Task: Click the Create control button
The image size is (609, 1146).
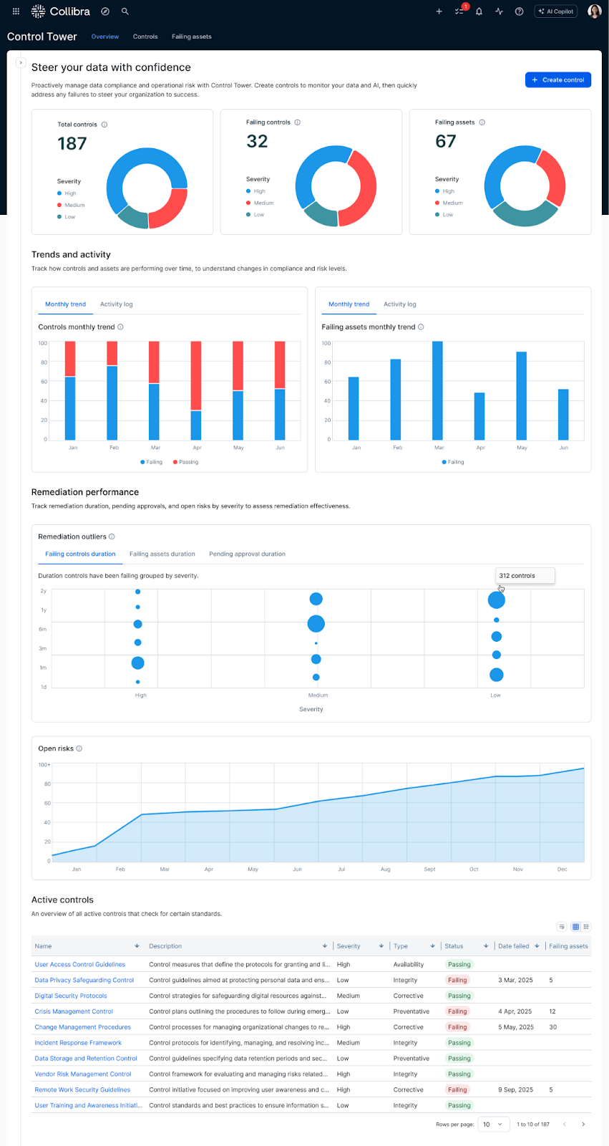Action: click(x=558, y=80)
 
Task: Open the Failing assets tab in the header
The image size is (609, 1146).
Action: click(x=191, y=37)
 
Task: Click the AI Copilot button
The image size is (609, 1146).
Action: click(x=556, y=11)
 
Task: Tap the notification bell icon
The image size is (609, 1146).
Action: click(x=479, y=11)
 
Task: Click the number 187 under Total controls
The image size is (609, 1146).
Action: click(x=72, y=144)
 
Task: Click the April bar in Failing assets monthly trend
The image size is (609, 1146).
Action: click(x=479, y=416)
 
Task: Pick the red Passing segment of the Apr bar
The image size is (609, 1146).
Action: click(x=196, y=375)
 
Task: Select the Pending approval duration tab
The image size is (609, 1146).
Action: click(x=247, y=554)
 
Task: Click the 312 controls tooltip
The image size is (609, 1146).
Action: click(x=525, y=576)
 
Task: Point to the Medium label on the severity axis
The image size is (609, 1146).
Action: click(x=318, y=695)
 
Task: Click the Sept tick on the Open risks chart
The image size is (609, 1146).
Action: click(x=429, y=869)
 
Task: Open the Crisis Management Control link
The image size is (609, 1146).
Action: click(x=74, y=1011)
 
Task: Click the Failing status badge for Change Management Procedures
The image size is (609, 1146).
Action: click(x=457, y=1027)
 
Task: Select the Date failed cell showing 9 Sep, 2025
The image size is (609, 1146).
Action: click(x=515, y=1089)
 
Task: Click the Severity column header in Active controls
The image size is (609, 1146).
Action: click(x=349, y=946)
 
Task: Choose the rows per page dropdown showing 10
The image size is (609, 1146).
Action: click(x=493, y=1125)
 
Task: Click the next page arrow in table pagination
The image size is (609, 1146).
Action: click(x=583, y=1125)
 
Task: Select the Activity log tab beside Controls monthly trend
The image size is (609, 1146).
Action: click(x=116, y=304)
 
